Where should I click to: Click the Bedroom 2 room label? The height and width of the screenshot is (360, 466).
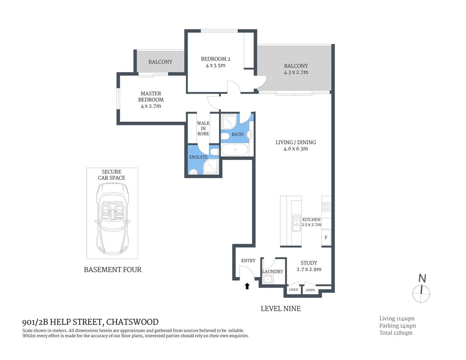215,59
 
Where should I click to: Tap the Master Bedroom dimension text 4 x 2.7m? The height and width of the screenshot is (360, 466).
151,106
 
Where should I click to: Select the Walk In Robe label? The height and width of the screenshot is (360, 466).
203,128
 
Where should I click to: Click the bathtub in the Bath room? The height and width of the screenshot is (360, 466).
235,150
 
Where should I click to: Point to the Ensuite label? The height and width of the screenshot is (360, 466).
198,157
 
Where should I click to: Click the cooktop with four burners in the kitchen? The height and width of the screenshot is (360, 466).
326,207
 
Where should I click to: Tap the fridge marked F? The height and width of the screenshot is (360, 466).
326,237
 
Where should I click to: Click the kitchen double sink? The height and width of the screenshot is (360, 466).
296,223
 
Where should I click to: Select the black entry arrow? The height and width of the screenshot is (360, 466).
247,286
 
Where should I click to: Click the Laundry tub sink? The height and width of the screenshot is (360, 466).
268,279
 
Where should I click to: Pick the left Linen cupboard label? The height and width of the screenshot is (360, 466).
293,290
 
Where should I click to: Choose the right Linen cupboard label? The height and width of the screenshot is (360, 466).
310,290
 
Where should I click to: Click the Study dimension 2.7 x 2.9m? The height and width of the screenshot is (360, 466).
309,269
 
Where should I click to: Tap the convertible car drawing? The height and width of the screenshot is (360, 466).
112,218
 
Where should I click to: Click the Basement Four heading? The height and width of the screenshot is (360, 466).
113,270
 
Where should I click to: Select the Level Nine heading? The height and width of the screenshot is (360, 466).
281,309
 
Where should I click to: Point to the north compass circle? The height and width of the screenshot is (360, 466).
421,294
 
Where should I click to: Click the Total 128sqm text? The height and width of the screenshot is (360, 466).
396,333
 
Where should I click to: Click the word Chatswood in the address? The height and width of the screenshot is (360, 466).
132,322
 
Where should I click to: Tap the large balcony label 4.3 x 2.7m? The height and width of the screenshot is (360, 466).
296,72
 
